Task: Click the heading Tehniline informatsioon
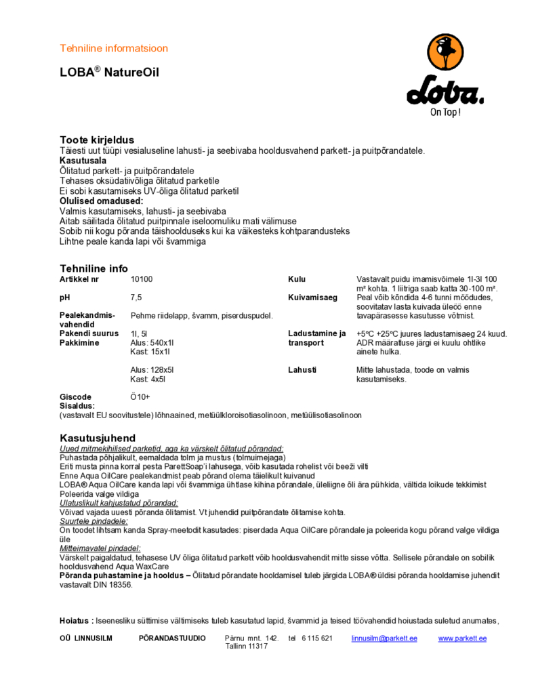point(114,48)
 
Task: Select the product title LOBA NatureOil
point(109,72)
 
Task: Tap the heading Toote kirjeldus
point(97,140)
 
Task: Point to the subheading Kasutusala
point(83,161)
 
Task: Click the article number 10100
point(142,279)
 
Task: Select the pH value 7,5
point(136,297)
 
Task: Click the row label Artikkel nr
point(79,279)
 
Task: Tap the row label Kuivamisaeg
point(312,297)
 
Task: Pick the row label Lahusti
point(302,370)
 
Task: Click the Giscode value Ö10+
point(140,397)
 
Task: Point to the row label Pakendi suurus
point(89,333)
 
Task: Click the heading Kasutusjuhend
point(98,438)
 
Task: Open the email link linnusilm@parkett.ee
point(384,638)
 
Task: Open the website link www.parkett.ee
point(462,638)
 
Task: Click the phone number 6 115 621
point(317,638)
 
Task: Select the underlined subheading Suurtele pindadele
point(94,521)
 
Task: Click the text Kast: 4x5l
point(148,380)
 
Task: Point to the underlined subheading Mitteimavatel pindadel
point(100,548)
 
